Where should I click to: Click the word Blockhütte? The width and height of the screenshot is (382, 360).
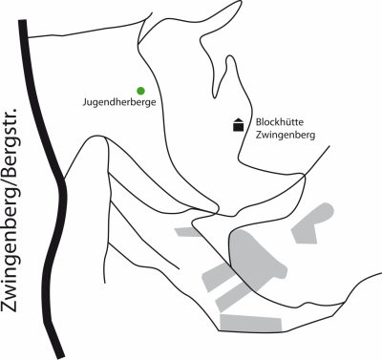coord(280,123)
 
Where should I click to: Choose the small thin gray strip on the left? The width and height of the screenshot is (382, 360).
coord(187,232)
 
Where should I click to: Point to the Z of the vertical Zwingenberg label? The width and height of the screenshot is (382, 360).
coord(14,307)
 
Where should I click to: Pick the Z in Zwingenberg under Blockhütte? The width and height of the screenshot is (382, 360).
coord(258,137)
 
